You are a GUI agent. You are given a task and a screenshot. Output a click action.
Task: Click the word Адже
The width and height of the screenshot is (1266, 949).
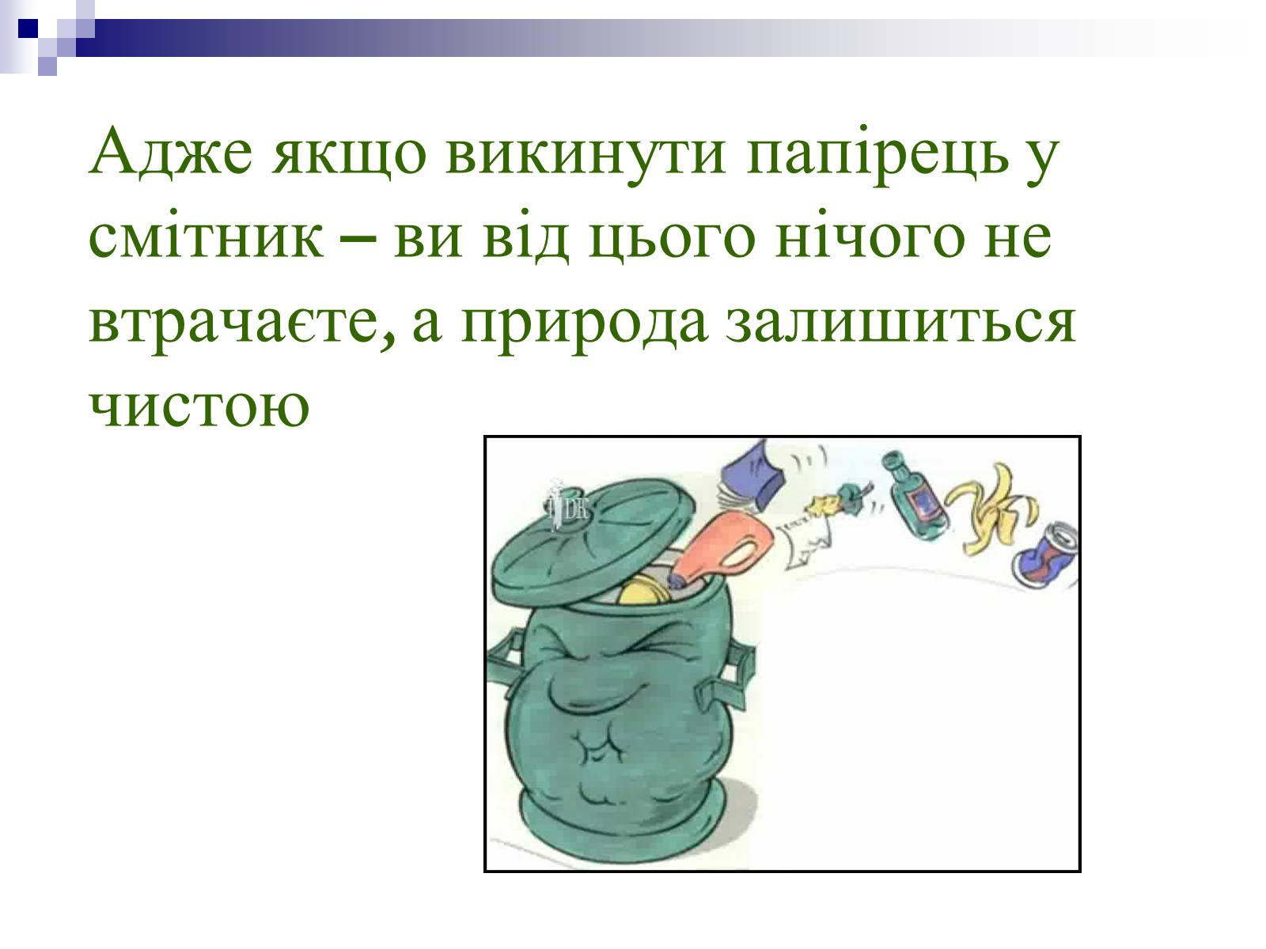(x=171, y=152)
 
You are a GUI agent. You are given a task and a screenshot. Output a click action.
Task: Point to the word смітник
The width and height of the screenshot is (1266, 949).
(x=205, y=236)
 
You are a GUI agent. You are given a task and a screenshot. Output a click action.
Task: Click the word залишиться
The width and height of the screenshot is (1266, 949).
(x=900, y=323)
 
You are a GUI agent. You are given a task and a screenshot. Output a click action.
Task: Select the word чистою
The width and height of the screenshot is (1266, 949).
(x=199, y=406)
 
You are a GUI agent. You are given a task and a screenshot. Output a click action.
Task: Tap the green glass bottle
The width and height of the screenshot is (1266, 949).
(x=913, y=495)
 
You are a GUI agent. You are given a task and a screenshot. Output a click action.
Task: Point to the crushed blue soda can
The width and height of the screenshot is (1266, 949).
(x=1046, y=554)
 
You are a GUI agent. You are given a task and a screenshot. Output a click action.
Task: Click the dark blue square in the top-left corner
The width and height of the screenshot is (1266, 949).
(x=28, y=28)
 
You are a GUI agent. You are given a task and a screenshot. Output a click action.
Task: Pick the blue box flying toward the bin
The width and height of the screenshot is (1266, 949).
(x=753, y=475)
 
